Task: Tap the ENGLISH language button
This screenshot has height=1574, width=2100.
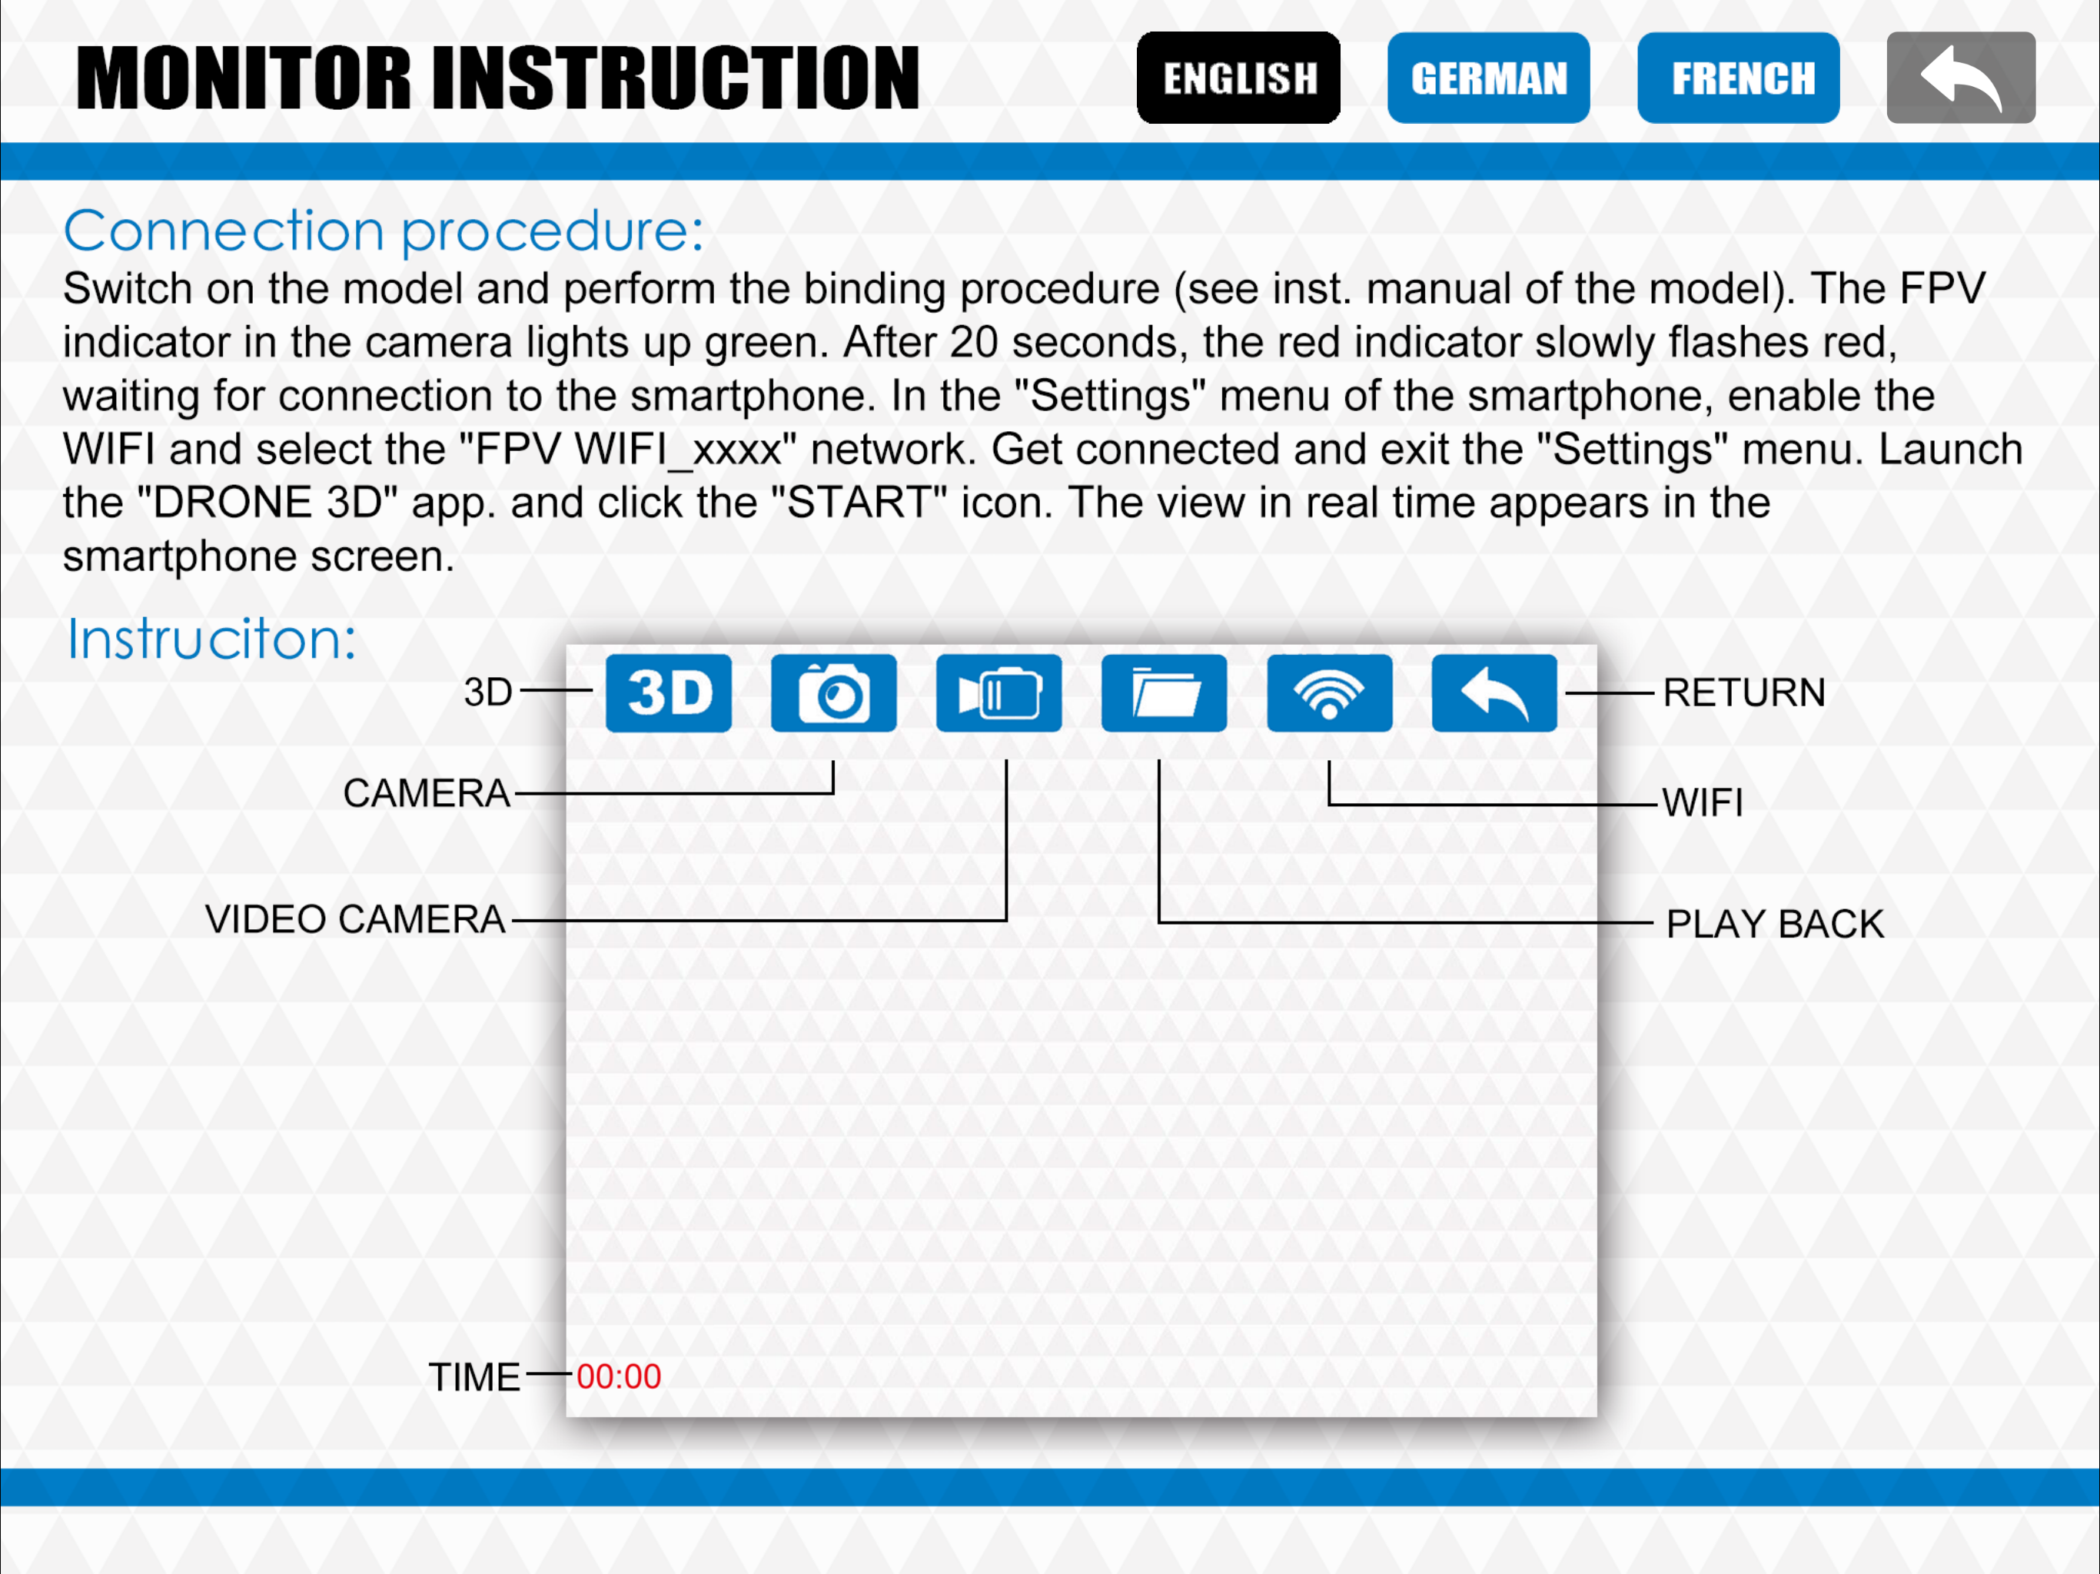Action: click(x=1238, y=78)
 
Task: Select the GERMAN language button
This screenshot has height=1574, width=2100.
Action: click(x=1489, y=78)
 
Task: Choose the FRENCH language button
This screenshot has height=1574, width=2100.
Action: click(x=1738, y=78)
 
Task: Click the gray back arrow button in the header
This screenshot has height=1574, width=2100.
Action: click(x=1960, y=78)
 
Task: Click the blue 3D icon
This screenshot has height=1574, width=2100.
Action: click(x=668, y=693)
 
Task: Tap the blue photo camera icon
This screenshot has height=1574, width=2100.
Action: click(x=833, y=693)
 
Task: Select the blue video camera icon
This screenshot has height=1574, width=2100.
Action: click(x=998, y=693)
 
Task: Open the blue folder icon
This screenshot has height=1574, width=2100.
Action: click(x=1164, y=693)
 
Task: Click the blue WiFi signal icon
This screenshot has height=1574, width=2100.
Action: click(x=1329, y=693)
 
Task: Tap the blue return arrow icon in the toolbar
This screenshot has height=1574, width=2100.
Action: click(x=1494, y=693)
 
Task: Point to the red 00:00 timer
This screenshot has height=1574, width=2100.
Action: click(x=619, y=1376)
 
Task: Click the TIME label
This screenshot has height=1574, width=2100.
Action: click(x=475, y=1377)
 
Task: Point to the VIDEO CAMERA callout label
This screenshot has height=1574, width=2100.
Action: click(x=355, y=919)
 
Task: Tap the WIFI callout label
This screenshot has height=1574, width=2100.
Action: click(x=1703, y=803)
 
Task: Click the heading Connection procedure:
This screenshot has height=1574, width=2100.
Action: click(x=384, y=231)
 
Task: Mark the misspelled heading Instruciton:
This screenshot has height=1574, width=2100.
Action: click(x=211, y=639)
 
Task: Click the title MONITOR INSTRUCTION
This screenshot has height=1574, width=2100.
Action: click(x=497, y=78)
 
